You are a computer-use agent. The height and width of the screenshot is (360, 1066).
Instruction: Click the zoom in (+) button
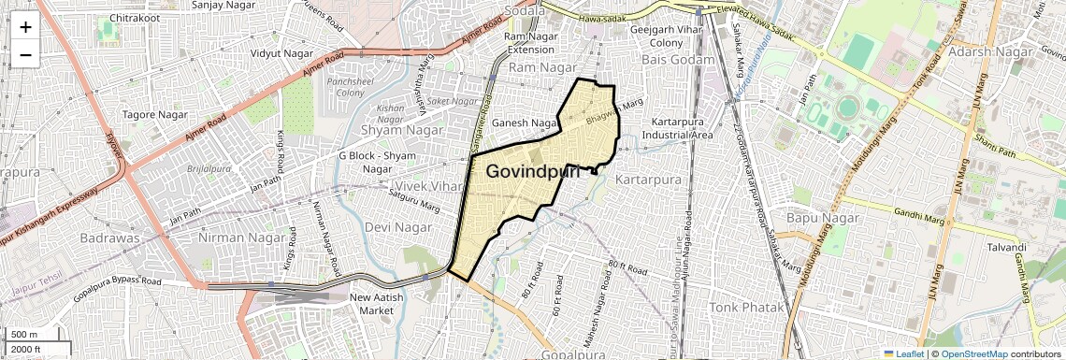(25, 27)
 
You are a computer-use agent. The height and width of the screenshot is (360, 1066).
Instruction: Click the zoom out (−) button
(25, 54)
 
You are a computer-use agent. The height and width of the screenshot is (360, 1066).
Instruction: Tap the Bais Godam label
(678, 60)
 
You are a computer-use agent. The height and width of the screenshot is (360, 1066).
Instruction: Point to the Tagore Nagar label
(154, 115)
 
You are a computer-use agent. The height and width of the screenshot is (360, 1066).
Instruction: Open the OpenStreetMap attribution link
(973, 353)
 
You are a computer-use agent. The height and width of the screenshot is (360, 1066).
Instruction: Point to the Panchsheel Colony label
(350, 87)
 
